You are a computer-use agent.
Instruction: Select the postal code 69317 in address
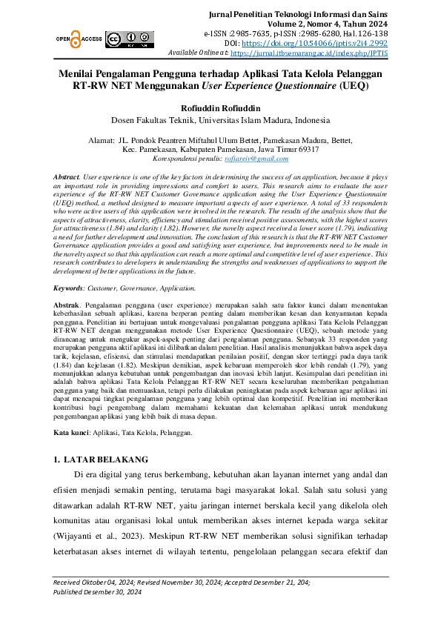tap(307, 149)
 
